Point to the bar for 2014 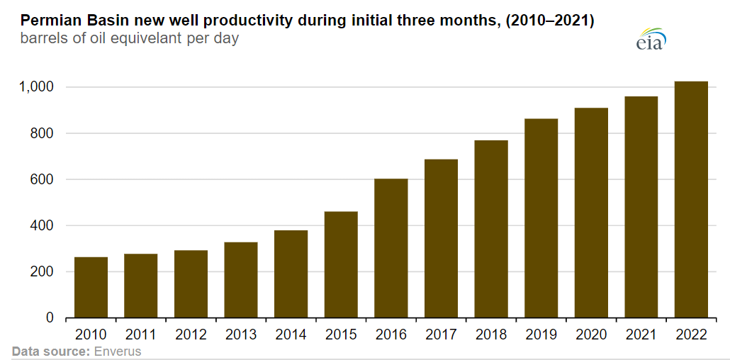[291, 274]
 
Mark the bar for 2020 [591, 213]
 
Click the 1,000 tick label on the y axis [35, 87]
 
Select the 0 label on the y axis [50, 318]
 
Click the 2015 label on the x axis [341, 334]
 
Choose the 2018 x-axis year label [491, 334]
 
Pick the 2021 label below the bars [641, 334]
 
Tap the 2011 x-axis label [141, 334]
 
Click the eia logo [651, 40]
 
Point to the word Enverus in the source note [118, 351]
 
